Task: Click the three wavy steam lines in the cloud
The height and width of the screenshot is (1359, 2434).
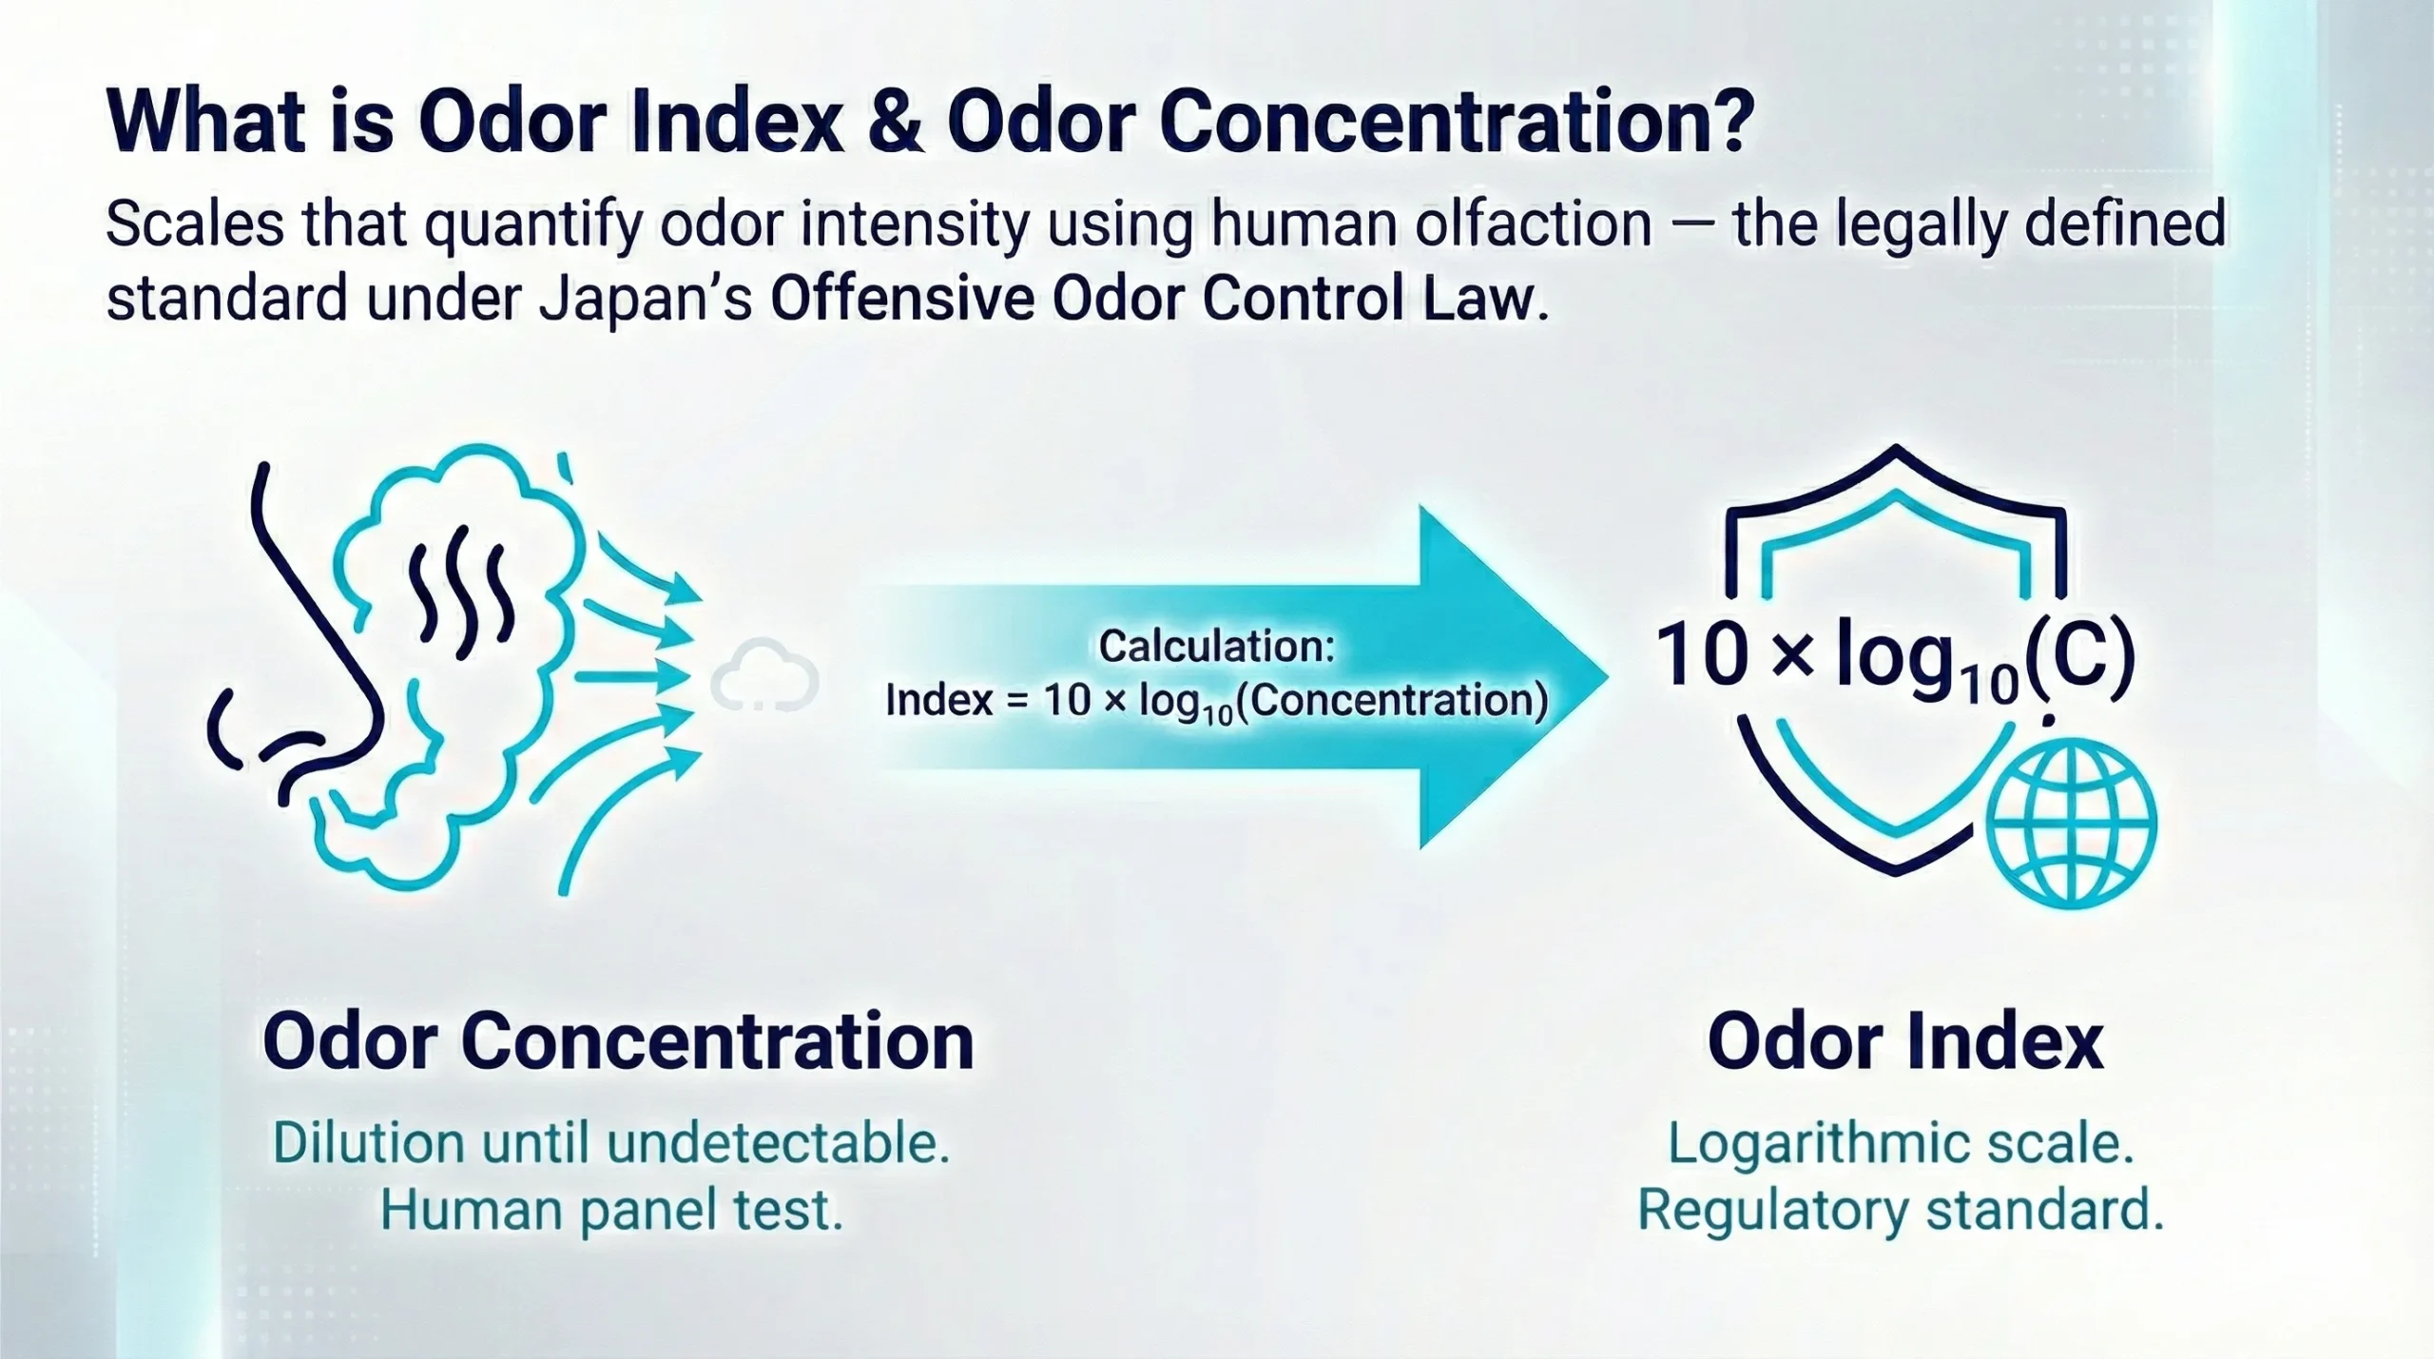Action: tap(460, 590)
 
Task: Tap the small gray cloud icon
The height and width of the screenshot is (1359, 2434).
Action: tap(764, 677)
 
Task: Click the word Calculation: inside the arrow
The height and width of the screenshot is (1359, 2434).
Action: tap(1217, 647)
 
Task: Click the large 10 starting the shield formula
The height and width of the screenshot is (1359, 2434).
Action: tap(1702, 656)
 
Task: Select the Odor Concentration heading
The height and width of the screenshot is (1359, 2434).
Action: tap(618, 1042)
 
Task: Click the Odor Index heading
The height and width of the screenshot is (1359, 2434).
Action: tap(1905, 1042)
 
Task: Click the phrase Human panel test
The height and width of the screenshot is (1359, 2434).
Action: tap(611, 1211)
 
